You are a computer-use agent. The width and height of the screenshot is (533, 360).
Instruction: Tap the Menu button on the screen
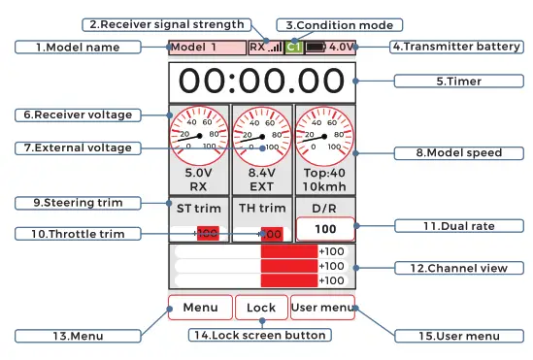[x=200, y=308]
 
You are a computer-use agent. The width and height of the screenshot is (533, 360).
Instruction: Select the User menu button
[x=322, y=308]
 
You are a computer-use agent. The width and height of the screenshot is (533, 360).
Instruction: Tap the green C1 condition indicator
[x=293, y=46]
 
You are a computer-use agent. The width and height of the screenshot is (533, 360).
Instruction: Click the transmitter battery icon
[x=316, y=46]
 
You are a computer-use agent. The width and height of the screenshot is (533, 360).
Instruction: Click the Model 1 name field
[x=206, y=46]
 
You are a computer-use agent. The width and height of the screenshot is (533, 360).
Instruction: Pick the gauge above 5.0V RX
[x=198, y=136]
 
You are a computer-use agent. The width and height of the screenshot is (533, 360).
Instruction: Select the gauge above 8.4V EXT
[x=261, y=136]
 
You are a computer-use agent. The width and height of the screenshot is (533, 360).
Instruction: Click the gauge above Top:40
[x=324, y=136]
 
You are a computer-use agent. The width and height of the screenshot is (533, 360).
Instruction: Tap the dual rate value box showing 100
[x=324, y=230]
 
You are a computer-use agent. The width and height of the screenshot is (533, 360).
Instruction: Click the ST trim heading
[x=198, y=207]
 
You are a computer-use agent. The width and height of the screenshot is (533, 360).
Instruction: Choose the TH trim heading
[x=261, y=207]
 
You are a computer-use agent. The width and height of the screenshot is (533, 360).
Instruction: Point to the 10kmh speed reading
[x=324, y=183]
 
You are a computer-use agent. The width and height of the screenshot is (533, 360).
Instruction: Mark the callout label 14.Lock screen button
[x=257, y=335]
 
